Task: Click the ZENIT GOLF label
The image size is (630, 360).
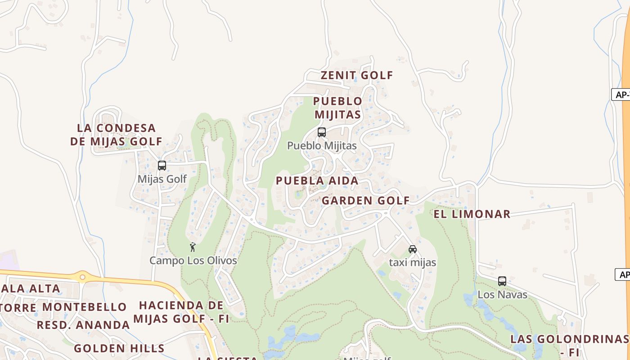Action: (x=356, y=75)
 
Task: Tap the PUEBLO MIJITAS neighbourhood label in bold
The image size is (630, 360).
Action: (x=337, y=108)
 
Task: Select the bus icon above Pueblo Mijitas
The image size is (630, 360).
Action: (x=322, y=132)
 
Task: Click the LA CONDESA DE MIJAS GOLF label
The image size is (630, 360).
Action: (x=116, y=135)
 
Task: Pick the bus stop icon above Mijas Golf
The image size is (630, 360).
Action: (x=162, y=166)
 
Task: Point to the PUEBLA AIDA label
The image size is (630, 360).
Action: (x=317, y=181)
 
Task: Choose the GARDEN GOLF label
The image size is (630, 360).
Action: (x=365, y=201)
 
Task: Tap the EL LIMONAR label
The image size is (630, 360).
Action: (x=472, y=214)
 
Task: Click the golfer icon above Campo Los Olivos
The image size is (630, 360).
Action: (x=193, y=247)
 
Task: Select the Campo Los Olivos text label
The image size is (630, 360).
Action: (x=193, y=261)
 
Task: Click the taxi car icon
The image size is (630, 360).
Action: (x=413, y=249)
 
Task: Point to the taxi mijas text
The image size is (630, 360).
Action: (x=413, y=262)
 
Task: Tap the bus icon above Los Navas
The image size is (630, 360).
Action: (x=502, y=281)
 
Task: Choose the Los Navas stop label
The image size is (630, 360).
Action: (x=502, y=295)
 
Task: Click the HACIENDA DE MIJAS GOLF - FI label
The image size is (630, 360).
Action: (x=181, y=312)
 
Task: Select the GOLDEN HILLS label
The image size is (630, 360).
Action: (x=119, y=348)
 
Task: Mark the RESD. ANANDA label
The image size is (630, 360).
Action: (x=83, y=325)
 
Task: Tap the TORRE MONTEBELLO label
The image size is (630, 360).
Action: (x=63, y=307)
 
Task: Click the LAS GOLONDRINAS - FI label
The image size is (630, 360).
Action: (x=569, y=344)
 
